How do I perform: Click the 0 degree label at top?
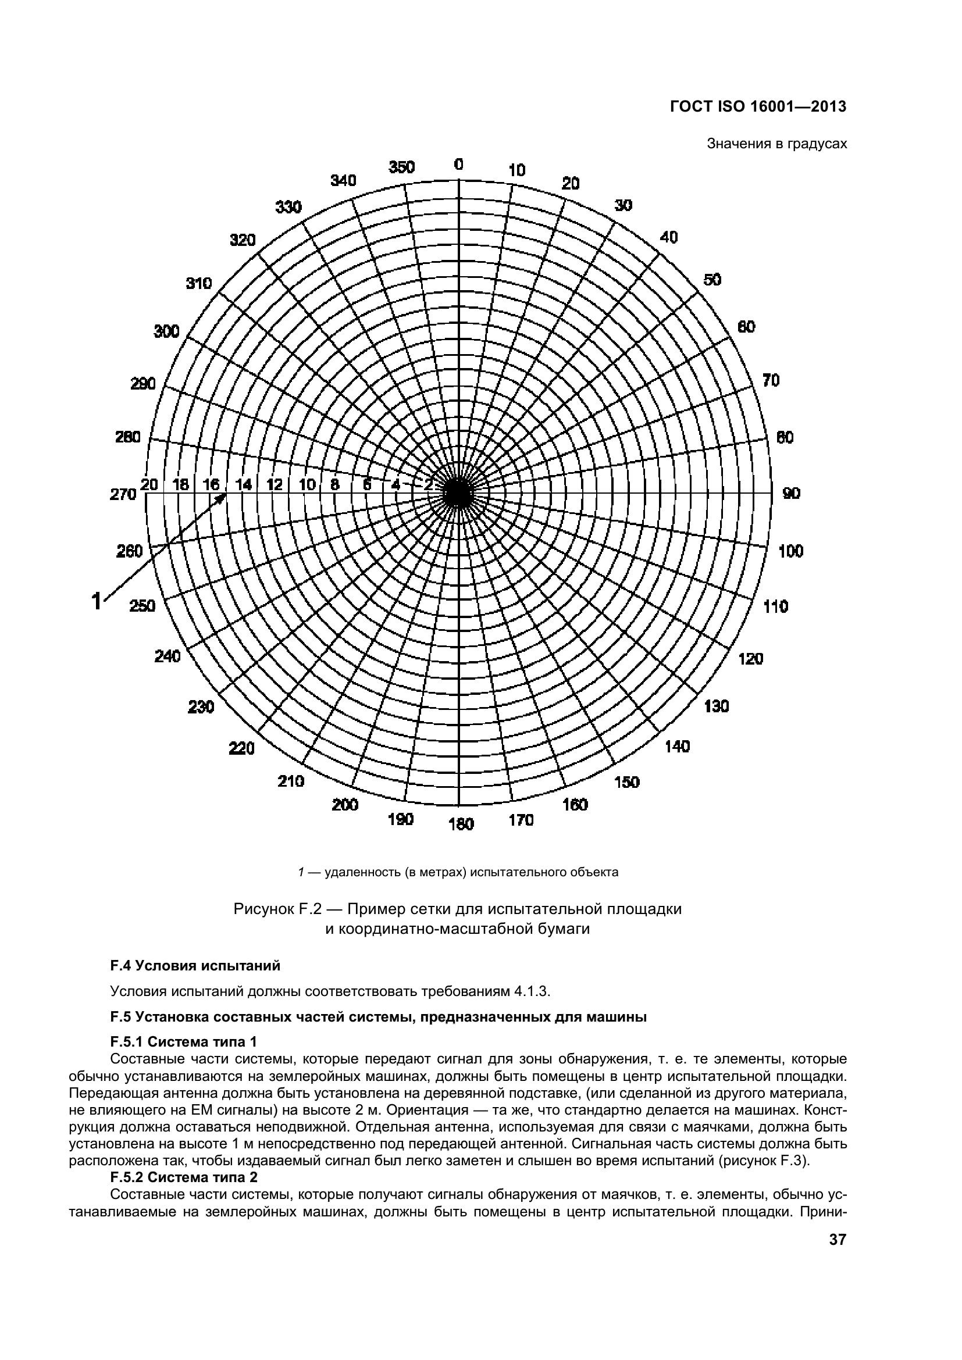[x=458, y=165]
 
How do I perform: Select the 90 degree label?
[x=792, y=493]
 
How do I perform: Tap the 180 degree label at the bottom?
[x=461, y=824]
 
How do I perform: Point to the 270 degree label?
[x=123, y=495]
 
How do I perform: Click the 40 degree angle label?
[x=668, y=238]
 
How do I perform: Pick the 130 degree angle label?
[x=716, y=706]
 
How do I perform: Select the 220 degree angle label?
[x=242, y=749]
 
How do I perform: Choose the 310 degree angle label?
[x=199, y=283]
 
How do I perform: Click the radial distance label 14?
[x=244, y=484]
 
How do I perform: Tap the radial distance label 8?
[x=334, y=484]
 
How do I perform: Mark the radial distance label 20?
[x=149, y=484]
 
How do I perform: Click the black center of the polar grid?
[x=457, y=493]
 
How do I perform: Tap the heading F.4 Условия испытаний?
[x=195, y=966]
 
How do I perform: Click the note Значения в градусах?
[x=776, y=144]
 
